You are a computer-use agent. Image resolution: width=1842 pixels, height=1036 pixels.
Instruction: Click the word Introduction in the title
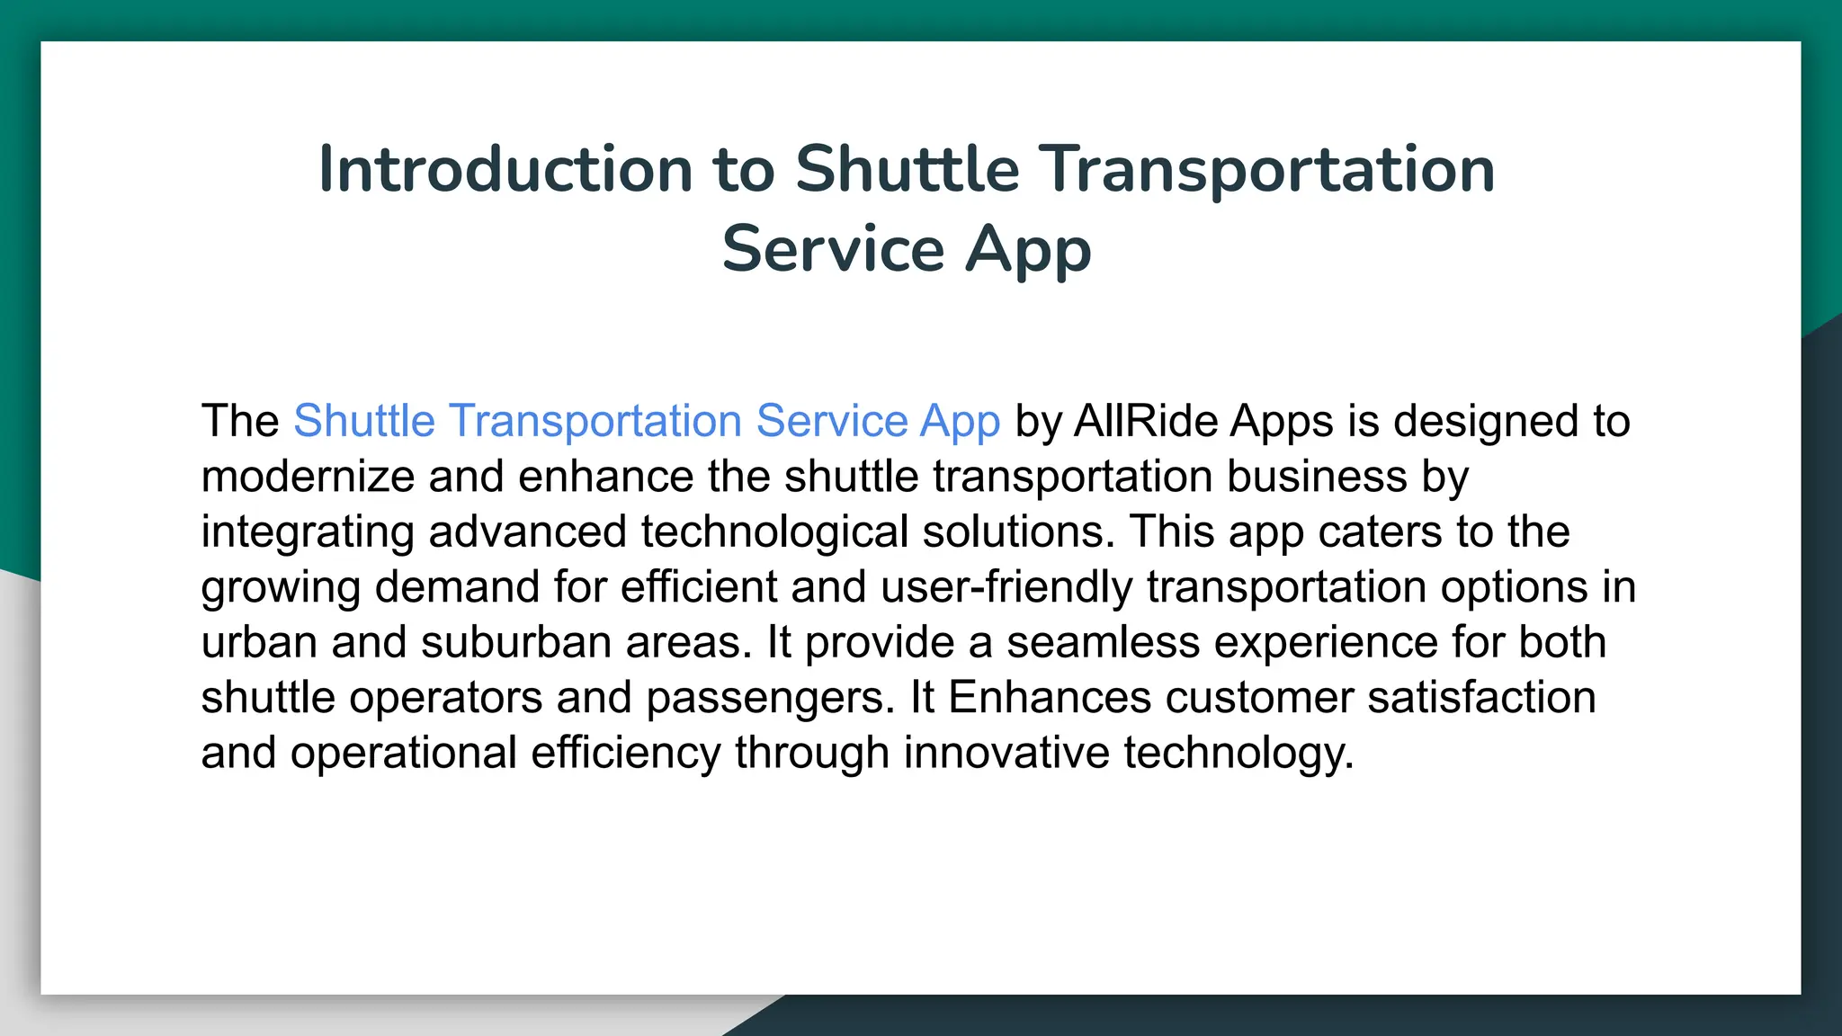505,170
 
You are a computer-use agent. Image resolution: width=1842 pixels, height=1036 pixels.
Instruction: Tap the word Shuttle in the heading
907,170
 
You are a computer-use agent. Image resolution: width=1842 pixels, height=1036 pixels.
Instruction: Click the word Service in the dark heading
833,250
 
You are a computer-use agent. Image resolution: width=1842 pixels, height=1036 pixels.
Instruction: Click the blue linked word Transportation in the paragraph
595,421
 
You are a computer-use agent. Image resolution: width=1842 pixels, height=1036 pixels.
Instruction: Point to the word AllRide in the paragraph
1147,421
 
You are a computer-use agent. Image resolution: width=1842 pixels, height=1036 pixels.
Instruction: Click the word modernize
307,477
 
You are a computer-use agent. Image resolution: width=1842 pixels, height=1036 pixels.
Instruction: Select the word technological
774,531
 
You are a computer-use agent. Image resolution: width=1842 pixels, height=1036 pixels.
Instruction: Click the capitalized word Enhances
1049,698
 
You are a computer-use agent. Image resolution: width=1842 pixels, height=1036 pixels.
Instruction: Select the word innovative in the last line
1006,753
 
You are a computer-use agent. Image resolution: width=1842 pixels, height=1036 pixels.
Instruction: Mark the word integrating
307,532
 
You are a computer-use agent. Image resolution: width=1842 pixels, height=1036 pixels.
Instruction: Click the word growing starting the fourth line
280,588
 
